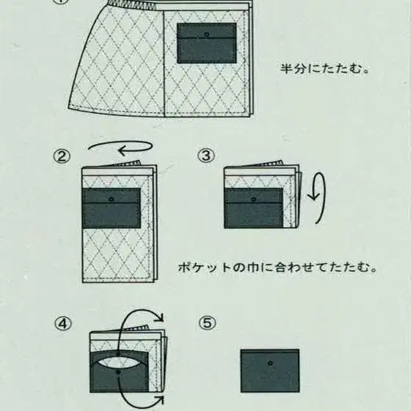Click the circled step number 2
pos(61,155)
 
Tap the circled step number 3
pos(207,155)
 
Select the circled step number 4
pos(61,322)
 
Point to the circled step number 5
pos(207,322)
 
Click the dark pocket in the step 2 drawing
pos(112,208)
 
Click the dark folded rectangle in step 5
pos(270,371)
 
